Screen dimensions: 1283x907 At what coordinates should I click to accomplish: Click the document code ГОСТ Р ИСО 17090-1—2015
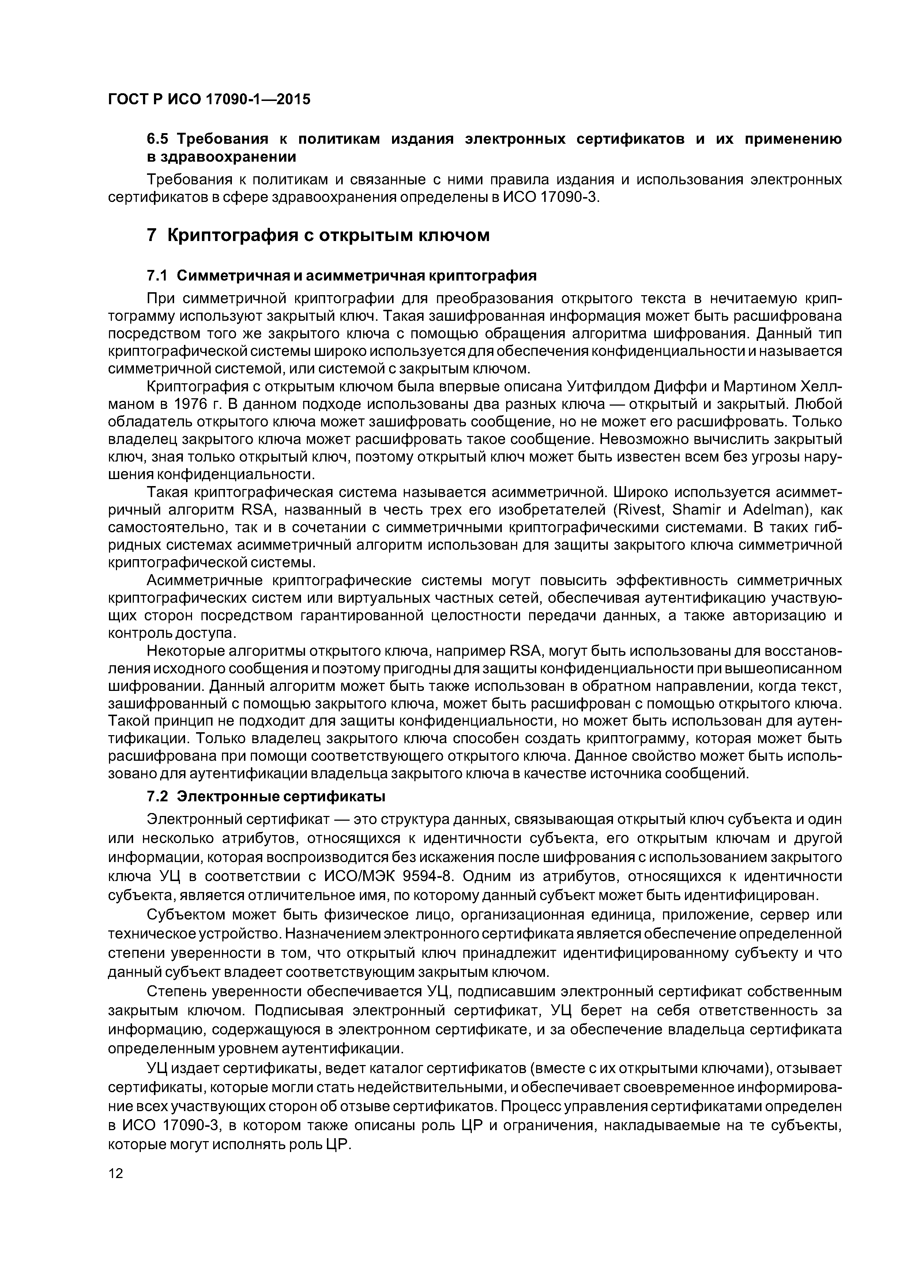point(208,99)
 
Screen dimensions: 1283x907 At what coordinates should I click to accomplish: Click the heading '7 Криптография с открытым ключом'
point(318,235)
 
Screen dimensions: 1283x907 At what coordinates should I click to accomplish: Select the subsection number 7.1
point(157,275)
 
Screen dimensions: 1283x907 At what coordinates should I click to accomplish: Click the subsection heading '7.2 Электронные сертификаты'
point(266,796)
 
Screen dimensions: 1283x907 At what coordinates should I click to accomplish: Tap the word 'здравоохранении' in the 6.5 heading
point(221,157)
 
